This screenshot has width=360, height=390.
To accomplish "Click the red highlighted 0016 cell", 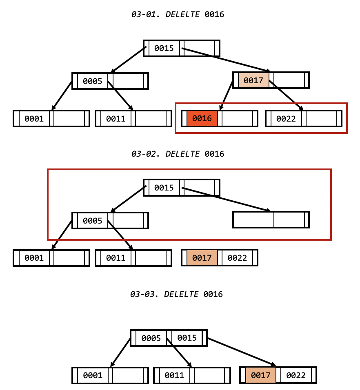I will tap(202, 119).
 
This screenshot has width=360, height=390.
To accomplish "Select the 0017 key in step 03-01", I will tap(253, 80).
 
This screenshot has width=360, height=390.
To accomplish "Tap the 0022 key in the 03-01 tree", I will tap(286, 119).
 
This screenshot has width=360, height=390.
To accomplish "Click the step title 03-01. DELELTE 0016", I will tap(178, 15).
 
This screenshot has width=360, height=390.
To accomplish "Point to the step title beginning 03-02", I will tap(178, 154).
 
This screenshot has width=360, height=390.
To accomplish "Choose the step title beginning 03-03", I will tap(177, 294).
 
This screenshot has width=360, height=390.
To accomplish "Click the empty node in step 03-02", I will tap(271, 219).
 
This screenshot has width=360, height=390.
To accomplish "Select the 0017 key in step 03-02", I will tap(202, 258).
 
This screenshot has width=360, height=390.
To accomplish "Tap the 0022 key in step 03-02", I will tap(237, 258).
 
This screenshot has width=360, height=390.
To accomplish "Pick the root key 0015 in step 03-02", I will tap(164, 188).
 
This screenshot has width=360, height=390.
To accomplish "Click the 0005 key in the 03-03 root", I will tap(151, 338).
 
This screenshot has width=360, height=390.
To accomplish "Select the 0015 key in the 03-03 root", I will tap(187, 338).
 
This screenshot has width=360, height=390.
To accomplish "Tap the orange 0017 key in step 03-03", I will tap(261, 375).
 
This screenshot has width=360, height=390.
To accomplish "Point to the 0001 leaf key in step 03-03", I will tap(93, 375).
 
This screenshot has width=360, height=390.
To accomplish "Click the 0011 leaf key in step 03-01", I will tap(116, 119).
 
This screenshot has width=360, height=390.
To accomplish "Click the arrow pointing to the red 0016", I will tap(227, 95).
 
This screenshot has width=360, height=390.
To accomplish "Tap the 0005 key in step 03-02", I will tap(93, 221).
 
